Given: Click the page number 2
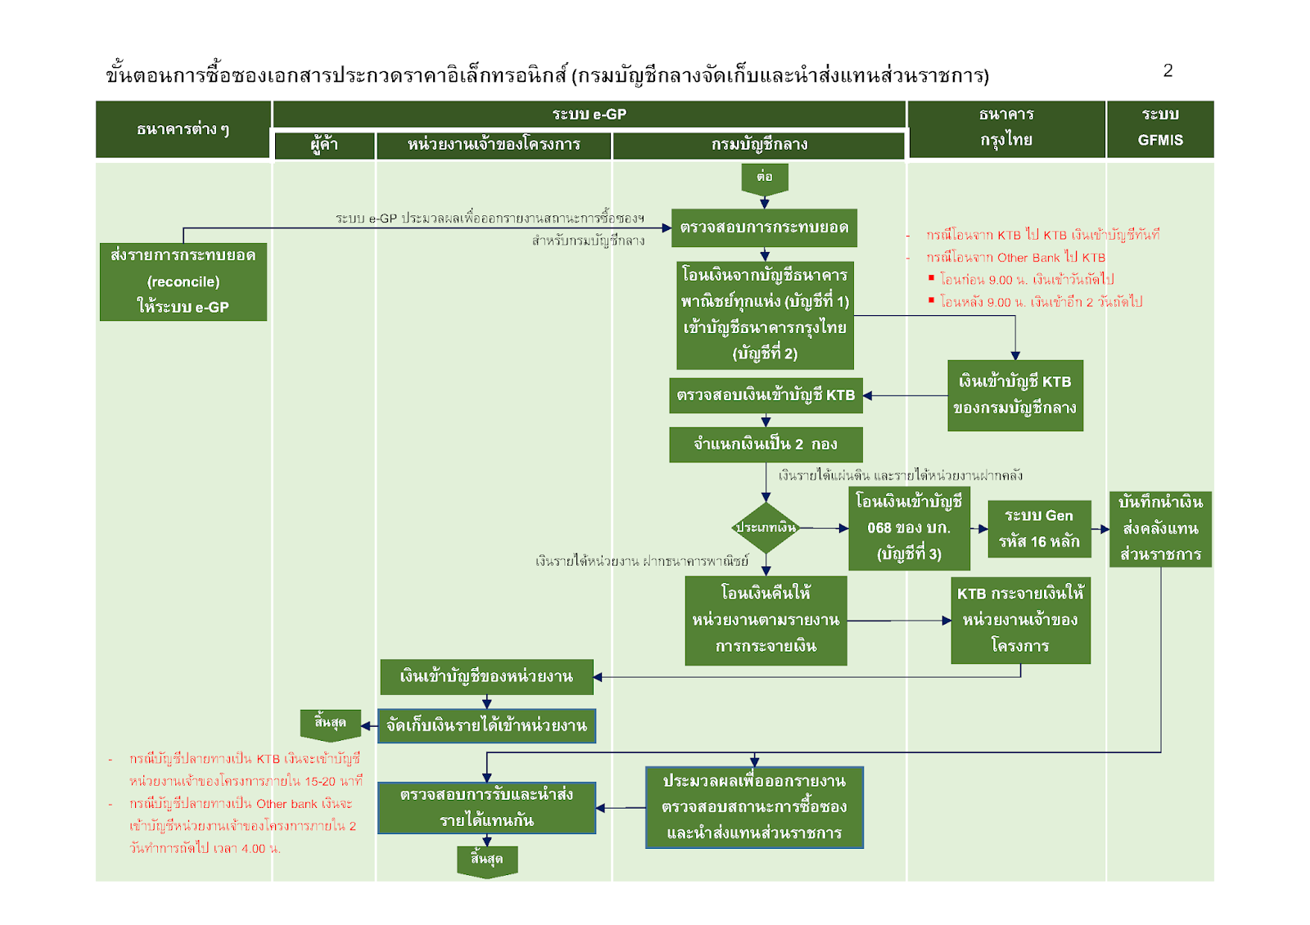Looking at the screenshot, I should (1168, 71).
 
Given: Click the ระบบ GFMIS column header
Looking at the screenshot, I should (1159, 128).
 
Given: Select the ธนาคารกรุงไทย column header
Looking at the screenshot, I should (1005, 128).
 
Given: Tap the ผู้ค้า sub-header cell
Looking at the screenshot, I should (324, 145).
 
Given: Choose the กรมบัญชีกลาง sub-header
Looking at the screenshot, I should (759, 145).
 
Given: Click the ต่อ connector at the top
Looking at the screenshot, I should (764, 177).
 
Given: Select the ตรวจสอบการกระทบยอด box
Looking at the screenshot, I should (764, 228).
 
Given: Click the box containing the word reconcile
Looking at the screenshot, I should (183, 281).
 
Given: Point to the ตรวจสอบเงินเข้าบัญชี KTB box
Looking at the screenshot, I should (766, 395).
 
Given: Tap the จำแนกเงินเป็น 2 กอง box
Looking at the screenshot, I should (766, 444).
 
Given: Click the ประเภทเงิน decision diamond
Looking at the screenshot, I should (766, 528).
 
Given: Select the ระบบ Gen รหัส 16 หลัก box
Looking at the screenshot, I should (1039, 529).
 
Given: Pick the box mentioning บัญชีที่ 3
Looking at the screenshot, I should (909, 529).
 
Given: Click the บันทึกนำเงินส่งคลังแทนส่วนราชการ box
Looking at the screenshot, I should (1160, 529).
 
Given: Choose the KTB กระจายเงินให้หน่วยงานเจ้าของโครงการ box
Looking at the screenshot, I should (1020, 620).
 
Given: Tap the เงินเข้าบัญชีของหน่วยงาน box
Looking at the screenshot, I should (486, 677).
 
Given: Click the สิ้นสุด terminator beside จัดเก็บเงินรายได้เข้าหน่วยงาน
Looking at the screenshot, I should (330, 724).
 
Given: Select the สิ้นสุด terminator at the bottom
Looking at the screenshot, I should (487, 860).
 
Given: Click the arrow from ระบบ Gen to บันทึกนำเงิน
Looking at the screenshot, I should (1100, 529).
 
